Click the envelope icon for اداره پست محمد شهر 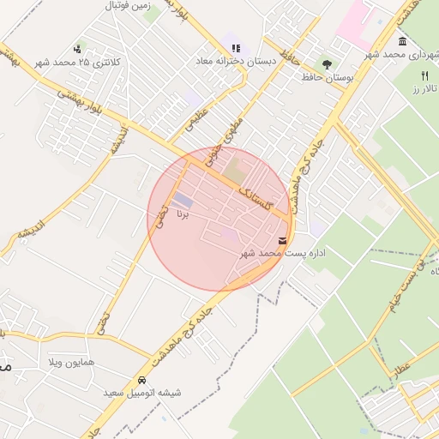point(283,241)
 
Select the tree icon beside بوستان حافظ point(327,63)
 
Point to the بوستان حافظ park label point(327,77)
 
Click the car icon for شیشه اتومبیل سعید point(141,380)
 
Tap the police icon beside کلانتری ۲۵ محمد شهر point(79,49)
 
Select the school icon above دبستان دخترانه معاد point(236,48)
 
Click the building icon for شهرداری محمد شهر point(402,42)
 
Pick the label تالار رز point(424,88)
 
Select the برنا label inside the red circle point(182,212)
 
